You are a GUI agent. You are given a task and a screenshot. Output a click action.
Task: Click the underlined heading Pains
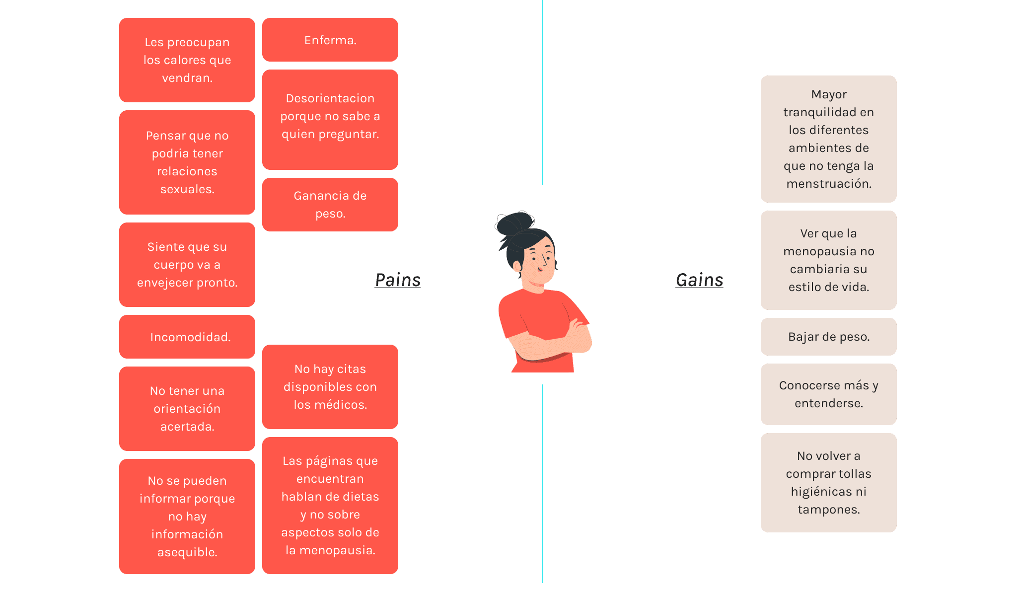[x=397, y=280]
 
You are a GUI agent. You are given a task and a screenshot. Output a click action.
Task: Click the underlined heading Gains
[x=699, y=280]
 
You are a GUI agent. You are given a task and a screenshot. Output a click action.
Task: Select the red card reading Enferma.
[x=330, y=40]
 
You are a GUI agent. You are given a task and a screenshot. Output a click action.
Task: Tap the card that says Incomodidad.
[x=187, y=337]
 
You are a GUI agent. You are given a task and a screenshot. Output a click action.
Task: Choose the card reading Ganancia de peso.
[x=330, y=205]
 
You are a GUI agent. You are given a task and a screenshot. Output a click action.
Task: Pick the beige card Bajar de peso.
[x=828, y=337]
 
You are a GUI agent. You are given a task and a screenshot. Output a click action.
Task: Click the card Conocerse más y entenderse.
[x=828, y=394]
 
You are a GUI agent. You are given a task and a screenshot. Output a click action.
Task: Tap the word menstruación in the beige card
[x=828, y=184]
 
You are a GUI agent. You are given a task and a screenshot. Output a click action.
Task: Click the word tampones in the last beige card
[x=828, y=510]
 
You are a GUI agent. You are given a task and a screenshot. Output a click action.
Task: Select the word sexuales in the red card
[x=187, y=189]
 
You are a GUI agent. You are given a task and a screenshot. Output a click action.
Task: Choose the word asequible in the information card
[x=187, y=552]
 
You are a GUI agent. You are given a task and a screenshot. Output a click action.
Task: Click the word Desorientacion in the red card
[x=330, y=98]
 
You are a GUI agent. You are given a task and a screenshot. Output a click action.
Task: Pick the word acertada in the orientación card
[x=187, y=427]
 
